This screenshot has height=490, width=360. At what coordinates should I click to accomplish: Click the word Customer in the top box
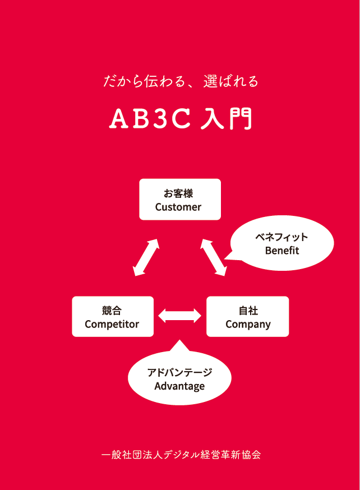point(178,207)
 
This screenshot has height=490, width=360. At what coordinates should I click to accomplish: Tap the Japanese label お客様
point(178,193)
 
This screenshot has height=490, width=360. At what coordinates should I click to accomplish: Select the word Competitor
point(112,325)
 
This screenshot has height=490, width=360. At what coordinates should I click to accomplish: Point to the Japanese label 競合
point(112,311)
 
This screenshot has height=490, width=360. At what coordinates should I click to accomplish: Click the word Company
point(248,325)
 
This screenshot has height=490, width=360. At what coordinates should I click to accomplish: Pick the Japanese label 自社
point(248,311)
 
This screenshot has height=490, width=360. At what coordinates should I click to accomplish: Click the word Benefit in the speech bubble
point(282,250)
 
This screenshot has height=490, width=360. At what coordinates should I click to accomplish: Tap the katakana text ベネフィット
point(282,237)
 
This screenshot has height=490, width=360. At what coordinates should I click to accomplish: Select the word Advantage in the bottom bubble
point(179,386)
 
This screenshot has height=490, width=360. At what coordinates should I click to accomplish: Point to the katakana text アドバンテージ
point(179,372)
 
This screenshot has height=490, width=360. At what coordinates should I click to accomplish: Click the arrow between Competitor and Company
point(179,316)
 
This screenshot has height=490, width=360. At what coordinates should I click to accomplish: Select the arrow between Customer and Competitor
point(146,257)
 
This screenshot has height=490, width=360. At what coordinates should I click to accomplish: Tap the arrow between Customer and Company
point(213,257)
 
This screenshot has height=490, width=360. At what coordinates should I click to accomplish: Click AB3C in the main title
point(150,118)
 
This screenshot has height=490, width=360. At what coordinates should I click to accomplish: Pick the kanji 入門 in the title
point(226,119)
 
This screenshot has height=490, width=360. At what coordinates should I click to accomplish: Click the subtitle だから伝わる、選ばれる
point(181,81)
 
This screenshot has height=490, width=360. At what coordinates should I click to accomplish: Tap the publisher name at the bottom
point(181,454)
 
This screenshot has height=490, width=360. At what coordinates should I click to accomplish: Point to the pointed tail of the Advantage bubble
point(179,341)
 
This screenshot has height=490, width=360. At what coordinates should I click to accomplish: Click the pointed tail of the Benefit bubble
point(225,258)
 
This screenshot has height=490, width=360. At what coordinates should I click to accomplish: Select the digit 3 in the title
point(160,119)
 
